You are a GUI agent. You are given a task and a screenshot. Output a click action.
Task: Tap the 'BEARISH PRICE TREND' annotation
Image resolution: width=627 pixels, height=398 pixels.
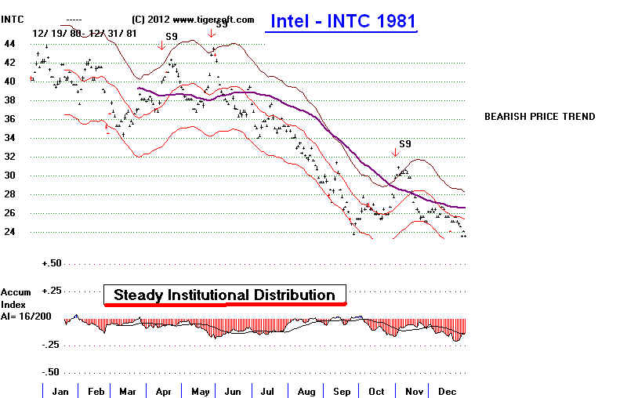coord(539,117)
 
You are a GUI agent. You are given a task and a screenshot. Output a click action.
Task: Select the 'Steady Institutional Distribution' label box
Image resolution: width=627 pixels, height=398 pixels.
coord(224,295)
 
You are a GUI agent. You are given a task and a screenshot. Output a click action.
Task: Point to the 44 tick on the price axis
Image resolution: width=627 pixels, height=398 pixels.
coord(10,44)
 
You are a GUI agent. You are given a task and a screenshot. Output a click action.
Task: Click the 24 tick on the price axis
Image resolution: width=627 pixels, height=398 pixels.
coord(10,232)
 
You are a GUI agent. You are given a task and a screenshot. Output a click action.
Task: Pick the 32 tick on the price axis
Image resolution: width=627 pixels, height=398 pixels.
coord(10,157)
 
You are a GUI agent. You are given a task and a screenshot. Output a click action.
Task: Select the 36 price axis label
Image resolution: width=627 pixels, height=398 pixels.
coord(10,119)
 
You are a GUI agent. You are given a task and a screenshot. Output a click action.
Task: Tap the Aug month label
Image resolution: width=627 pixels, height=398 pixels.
coord(306,390)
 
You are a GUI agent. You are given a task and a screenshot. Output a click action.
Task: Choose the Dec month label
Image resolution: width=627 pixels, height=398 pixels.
coord(447,390)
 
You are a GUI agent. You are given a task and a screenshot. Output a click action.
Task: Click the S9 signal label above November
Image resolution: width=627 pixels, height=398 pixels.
coord(405,143)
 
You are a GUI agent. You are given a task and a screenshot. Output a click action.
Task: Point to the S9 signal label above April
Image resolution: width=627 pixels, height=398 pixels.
coord(171,36)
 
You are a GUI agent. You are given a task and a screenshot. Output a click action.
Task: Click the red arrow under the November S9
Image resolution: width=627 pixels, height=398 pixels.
coord(393,154)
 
